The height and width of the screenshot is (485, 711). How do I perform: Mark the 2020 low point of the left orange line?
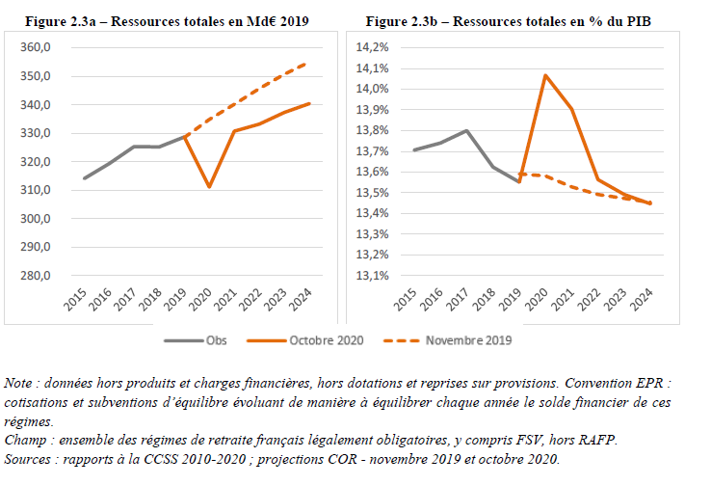[209, 187]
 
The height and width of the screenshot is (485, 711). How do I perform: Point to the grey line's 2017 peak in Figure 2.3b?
[466, 131]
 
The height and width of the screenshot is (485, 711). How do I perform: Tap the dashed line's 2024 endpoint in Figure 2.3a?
[308, 64]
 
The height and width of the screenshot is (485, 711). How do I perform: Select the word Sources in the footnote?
[30, 458]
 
